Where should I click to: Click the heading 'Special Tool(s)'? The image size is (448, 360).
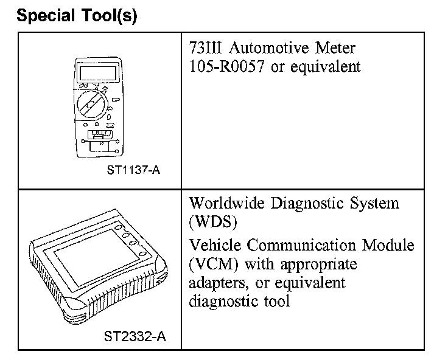coord(77,16)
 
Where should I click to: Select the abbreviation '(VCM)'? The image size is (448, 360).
coord(210,265)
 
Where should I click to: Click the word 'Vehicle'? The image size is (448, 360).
coord(215,246)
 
